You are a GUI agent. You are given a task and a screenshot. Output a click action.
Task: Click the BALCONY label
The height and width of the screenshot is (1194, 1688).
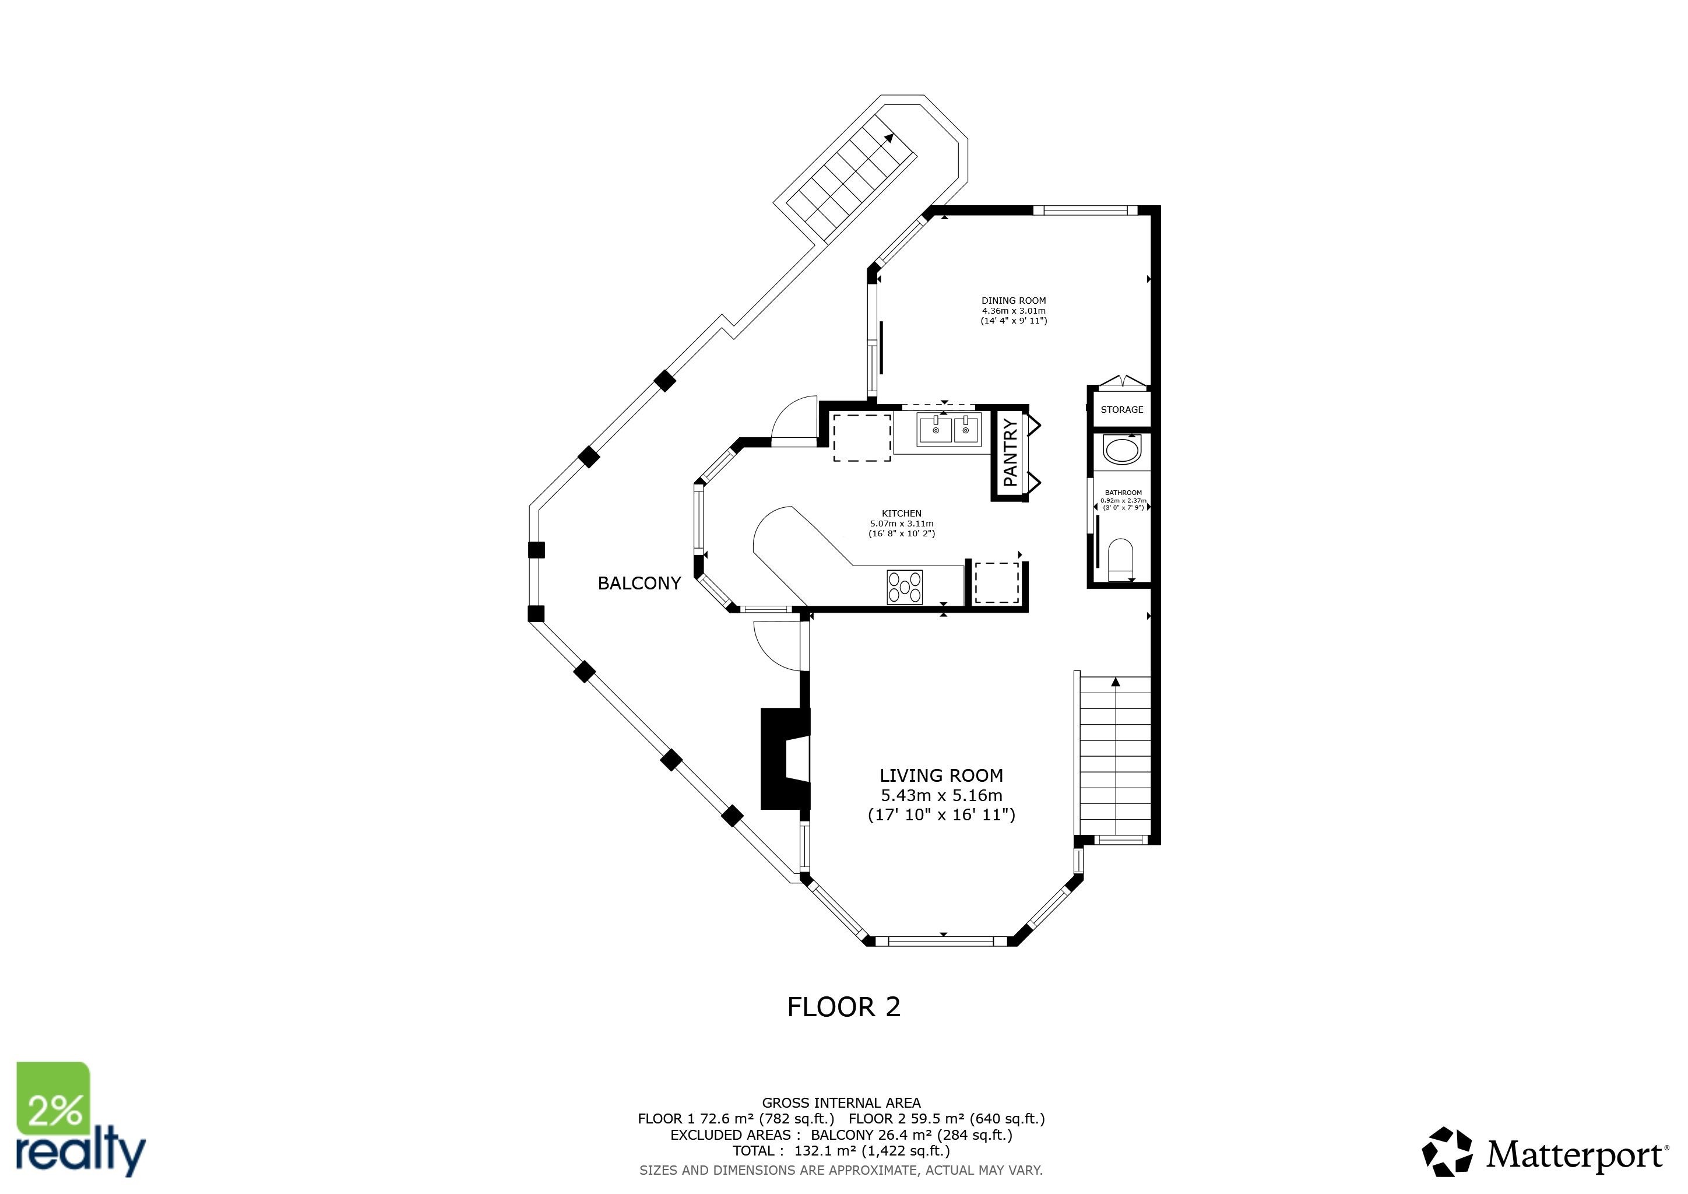tap(639, 583)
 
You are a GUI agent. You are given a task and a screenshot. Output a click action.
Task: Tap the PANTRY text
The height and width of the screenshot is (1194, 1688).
tap(1011, 452)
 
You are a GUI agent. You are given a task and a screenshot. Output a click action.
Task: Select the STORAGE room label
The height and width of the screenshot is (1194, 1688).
tap(1121, 409)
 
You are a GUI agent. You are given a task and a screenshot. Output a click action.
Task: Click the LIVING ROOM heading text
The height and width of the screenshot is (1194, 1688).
tap(941, 775)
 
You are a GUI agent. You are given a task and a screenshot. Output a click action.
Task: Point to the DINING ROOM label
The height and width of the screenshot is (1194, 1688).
tap(1013, 301)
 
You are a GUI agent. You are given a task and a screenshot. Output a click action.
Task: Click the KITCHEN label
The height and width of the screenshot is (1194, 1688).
tap(901, 513)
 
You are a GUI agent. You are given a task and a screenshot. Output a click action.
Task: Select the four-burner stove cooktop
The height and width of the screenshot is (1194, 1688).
tap(904, 587)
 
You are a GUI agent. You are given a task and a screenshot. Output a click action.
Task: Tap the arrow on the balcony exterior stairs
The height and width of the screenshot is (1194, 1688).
tap(889, 138)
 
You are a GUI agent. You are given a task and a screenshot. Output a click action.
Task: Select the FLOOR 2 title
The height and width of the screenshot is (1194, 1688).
tap(843, 1006)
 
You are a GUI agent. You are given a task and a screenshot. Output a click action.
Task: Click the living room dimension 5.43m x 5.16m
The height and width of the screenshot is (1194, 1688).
tap(941, 795)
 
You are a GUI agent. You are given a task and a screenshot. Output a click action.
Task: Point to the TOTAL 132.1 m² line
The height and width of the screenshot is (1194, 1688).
tap(841, 1151)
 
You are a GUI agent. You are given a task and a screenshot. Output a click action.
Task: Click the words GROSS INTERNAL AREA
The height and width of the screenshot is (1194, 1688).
tap(841, 1103)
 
